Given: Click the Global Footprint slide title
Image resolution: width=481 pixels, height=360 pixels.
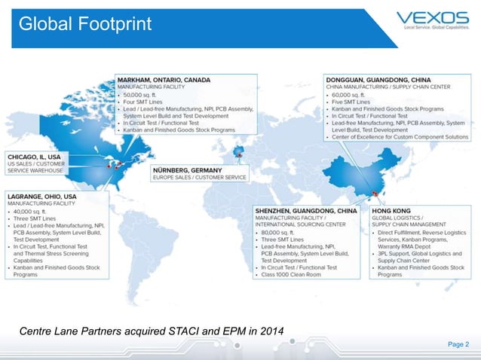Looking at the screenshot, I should click(85, 24).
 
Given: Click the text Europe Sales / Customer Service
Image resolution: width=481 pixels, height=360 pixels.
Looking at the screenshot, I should click(200, 177).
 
